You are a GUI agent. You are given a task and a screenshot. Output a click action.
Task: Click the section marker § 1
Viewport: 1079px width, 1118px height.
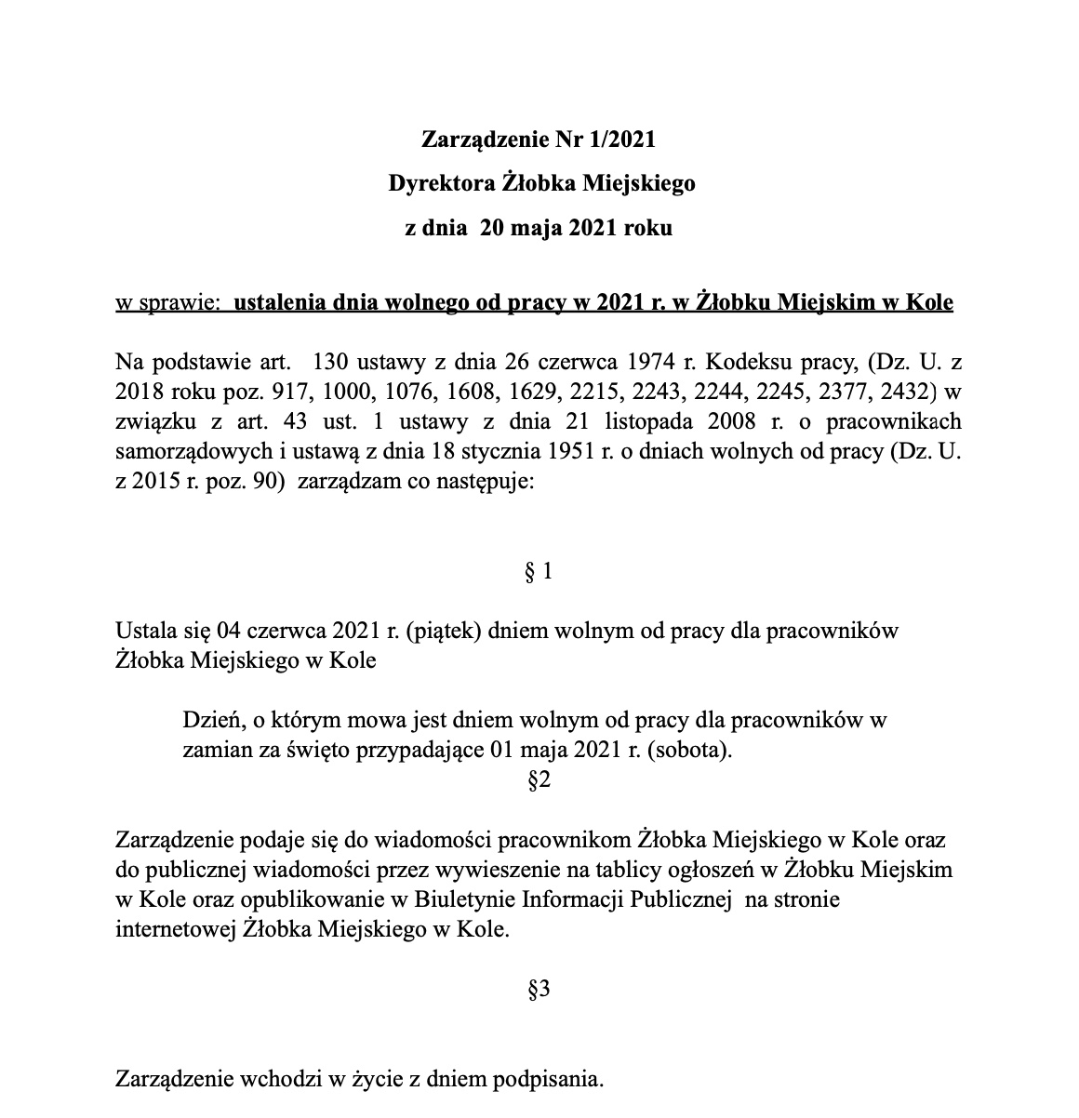click(x=539, y=572)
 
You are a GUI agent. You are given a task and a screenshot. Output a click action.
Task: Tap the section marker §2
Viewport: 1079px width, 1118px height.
click(x=539, y=780)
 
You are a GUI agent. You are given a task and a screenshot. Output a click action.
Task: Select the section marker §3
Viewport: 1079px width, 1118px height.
click(x=539, y=991)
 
